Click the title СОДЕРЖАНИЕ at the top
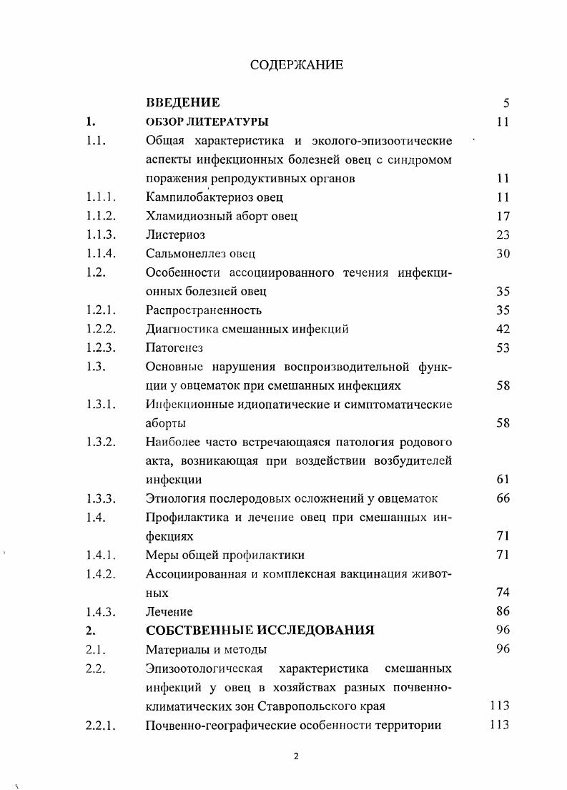[x=297, y=65]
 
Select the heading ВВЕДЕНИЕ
[x=182, y=102]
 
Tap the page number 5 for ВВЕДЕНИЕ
[x=506, y=103]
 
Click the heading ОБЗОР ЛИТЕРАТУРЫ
[x=207, y=122]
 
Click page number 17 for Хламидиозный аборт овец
[x=502, y=215]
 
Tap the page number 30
[x=502, y=253]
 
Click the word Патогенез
[x=174, y=347]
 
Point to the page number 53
[x=502, y=347]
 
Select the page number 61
[x=502, y=480]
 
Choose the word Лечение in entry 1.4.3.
[x=169, y=611]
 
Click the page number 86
[x=502, y=611]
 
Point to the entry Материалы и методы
[x=206, y=649]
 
